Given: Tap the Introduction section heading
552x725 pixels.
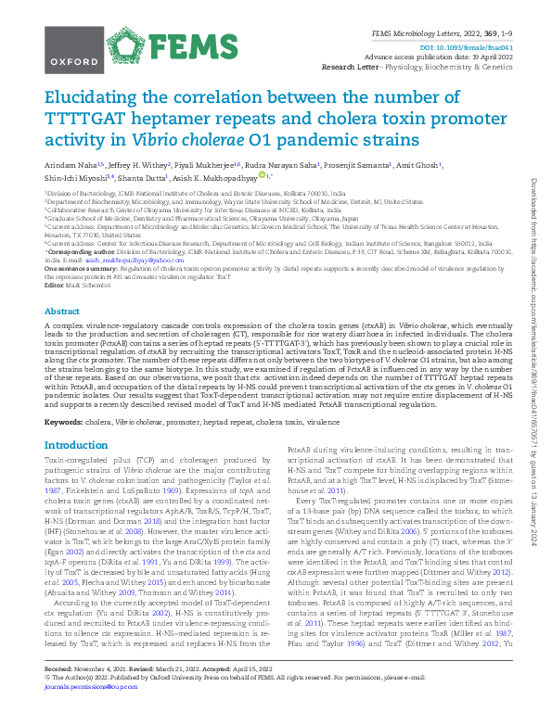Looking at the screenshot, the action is pos(76,446).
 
